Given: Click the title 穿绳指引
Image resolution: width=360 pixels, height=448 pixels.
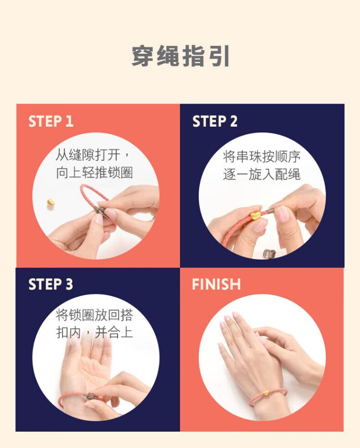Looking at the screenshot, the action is click(180, 56).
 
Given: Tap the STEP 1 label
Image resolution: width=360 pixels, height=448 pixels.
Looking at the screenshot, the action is click(51, 121).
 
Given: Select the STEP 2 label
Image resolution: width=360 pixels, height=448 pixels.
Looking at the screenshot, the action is click(215, 121).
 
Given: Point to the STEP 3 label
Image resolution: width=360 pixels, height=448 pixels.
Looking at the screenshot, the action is click(51, 284).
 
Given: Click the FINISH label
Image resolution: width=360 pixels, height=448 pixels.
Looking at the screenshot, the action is click(216, 284).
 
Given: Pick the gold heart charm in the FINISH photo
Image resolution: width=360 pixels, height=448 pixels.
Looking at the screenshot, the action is click(265, 393).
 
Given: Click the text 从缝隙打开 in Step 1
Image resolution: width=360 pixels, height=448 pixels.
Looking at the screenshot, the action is click(88, 155).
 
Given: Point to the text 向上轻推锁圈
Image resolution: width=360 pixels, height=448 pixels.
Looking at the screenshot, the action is click(95, 173).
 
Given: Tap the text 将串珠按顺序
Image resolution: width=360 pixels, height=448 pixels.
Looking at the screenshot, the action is click(262, 157).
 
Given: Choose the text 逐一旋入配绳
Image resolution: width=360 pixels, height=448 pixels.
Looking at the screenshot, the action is click(262, 175).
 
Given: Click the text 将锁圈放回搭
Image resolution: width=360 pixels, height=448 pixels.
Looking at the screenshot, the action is click(95, 315).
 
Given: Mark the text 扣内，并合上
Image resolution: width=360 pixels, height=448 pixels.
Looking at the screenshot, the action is click(95, 332).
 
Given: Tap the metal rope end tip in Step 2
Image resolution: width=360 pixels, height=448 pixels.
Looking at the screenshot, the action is click(271, 212).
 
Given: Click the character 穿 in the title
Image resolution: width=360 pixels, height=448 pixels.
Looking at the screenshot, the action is click(143, 56).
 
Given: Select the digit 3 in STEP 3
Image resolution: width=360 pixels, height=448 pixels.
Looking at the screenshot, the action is click(69, 284).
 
